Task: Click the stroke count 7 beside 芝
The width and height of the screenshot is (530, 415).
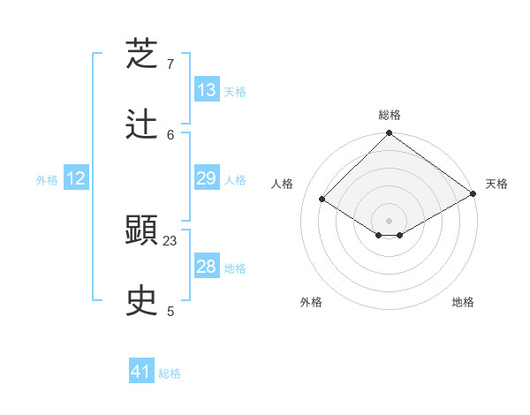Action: coord(170,64)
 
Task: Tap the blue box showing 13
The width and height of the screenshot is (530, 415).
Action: coord(207,90)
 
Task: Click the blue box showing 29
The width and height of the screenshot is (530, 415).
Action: coord(207,179)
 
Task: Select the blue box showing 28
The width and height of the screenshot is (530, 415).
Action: coord(207,268)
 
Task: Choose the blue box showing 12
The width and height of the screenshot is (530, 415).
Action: coord(76,179)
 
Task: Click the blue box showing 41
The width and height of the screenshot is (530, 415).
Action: coord(141,373)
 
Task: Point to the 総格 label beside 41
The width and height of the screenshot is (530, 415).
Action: coord(170,373)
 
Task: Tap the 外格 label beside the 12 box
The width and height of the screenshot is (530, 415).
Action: coord(47,180)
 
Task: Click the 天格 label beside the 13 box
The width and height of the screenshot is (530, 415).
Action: coord(235,91)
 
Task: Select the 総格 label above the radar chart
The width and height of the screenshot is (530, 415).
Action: coord(390,115)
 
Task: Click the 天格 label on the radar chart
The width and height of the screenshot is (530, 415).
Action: coord(496,184)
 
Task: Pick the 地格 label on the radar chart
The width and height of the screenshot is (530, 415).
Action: coord(463,302)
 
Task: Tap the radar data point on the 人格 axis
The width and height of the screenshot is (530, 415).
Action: coord(322,200)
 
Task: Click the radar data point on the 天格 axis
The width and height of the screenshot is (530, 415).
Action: coord(473,194)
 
